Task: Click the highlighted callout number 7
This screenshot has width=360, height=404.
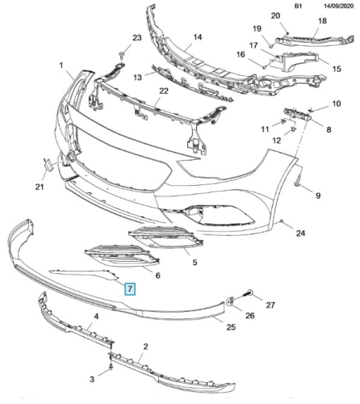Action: (x=130, y=289)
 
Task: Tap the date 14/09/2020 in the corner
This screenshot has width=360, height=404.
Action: (x=338, y=6)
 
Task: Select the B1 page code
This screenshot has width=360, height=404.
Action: (x=299, y=6)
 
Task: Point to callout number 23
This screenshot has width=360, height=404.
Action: (x=136, y=37)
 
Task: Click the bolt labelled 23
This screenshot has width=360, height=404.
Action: (x=121, y=55)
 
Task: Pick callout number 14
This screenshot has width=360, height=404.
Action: (x=198, y=37)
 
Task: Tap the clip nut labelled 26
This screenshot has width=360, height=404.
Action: (x=231, y=301)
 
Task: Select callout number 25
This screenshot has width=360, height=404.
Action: (x=231, y=327)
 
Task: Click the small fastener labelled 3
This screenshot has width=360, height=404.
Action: (x=111, y=368)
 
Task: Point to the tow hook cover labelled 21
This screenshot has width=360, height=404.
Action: (x=48, y=165)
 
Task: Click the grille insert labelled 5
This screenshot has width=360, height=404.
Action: (x=165, y=237)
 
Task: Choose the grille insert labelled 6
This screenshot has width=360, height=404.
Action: (x=122, y=255)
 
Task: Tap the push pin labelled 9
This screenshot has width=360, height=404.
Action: (x=296, y=180)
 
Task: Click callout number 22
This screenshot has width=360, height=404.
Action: (x=163, y=91)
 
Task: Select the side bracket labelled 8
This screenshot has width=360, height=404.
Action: (x=298, y=113)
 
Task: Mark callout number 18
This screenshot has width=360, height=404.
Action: (x=322, y=21)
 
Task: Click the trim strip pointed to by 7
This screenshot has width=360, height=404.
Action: (x=86, y=274)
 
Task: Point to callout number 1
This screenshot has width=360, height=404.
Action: (x=61, y=65)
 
